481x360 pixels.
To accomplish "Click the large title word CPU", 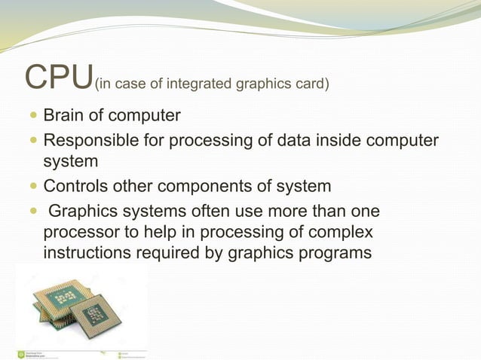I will (x=59, y=76).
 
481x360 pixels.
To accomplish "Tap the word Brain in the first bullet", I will (x=63, y=116).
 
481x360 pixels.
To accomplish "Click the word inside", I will (x=333, y=140).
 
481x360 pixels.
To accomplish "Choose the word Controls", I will (x=76, y=185).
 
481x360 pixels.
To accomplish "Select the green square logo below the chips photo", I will (x=20, y=353).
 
